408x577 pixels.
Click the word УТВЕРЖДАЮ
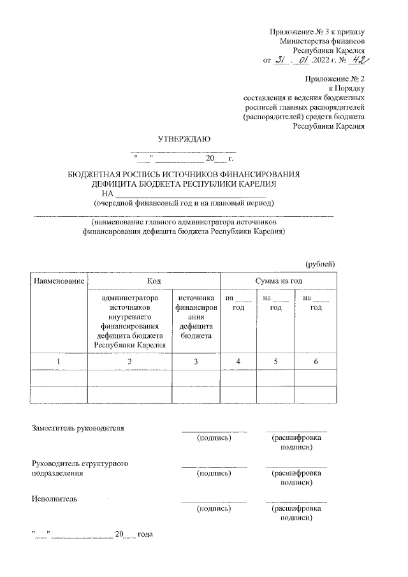[x=184, y=138]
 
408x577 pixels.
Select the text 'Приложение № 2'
[x=335, y=79]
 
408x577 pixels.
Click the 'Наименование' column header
[x=59, y=281]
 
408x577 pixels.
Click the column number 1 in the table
[x=59, y=362]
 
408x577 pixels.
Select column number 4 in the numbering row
[x=238, y=362]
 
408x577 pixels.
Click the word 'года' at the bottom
[x=147, y=533]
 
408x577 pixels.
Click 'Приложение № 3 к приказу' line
[x=317, y=31]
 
